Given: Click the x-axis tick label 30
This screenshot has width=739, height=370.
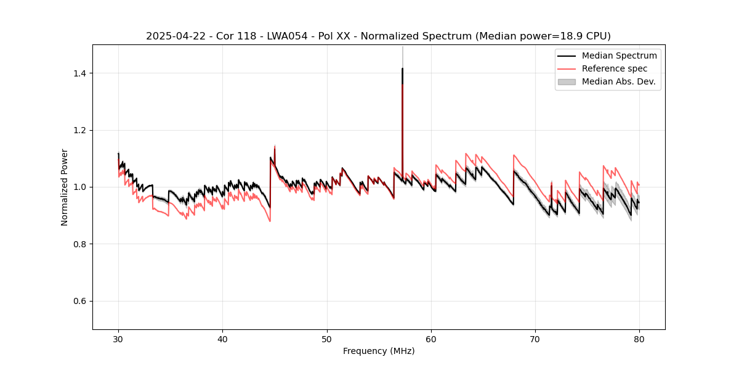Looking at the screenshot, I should [x=118, y=339].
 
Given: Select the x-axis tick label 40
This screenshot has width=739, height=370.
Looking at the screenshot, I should [x=222, y=339].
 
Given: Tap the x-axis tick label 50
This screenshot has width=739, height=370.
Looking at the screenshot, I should [x=326, y=339].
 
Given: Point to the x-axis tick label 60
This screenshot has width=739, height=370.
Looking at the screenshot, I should [x=431, y=339].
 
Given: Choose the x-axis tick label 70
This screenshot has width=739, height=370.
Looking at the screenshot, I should [x=535, y=339].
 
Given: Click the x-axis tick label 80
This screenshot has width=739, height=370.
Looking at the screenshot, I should [x=639, y=339].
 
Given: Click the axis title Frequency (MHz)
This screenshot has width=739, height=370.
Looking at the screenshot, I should [x=379, y=351].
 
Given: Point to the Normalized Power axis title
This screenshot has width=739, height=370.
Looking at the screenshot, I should [x=65, y=187].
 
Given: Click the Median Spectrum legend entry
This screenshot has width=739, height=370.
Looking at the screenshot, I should [x=619, y=55].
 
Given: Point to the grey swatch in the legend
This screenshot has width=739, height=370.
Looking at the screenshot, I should [x=567, y=81].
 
